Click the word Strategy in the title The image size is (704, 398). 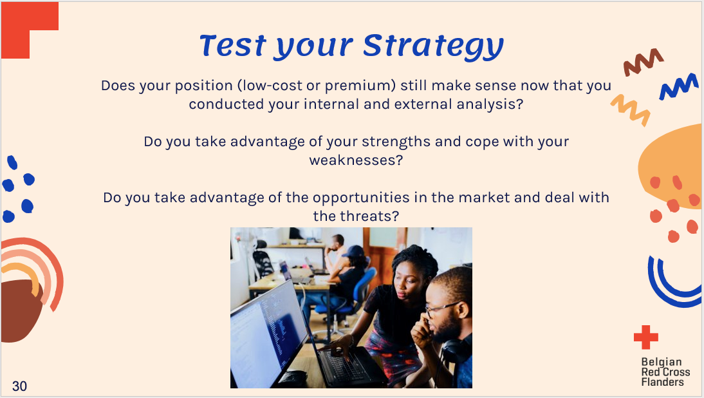[433, 46]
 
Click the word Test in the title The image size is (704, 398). [233, 46]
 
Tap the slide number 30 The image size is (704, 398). [19, 386]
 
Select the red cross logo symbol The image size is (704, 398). [645, 337]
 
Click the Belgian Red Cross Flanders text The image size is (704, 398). [665, 372]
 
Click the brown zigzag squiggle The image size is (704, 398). [643, 62]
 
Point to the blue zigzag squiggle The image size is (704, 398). [679, 86]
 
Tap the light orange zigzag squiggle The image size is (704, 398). [631, 110]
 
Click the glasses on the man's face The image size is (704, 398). [440, 309]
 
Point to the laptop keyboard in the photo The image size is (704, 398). [348, 365]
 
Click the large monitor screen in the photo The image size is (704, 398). [266, 332]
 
